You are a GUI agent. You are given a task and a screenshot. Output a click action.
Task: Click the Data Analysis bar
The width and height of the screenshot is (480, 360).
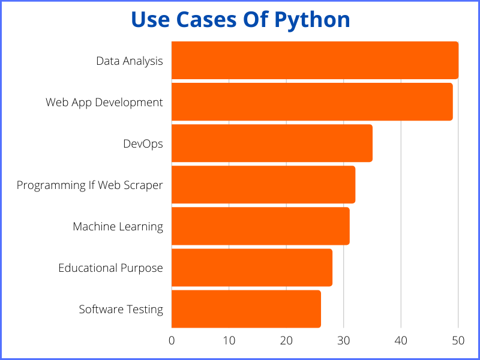pos(315,60)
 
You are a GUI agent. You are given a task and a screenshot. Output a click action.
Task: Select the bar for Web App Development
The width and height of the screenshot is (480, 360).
pos(312,102)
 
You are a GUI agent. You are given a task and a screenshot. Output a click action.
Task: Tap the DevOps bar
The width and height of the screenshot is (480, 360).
pos(272,143)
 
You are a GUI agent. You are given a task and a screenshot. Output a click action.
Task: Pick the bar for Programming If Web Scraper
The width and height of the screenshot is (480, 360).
pos(263,185)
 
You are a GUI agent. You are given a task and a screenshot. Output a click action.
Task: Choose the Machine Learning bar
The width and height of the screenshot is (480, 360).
pos(260,226)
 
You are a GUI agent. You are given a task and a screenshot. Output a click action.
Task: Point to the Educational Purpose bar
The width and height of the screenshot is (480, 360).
pos(252,268)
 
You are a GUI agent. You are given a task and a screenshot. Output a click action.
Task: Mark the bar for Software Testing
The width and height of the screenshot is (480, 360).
pos(246,309)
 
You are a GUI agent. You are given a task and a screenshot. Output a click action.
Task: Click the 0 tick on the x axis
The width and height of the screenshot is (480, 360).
pos(172,340)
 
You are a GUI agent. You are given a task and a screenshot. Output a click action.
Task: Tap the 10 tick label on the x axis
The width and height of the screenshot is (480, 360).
pos(229,340)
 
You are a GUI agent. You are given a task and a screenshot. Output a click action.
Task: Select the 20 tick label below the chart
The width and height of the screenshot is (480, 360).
pos(286,340)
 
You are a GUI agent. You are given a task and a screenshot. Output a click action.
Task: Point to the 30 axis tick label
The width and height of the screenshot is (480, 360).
pos(344,340)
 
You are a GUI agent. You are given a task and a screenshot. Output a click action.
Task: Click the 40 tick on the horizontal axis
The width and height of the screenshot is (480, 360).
pos(401,340)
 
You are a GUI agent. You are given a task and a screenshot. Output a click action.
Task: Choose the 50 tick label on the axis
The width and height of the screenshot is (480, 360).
pos(458,340)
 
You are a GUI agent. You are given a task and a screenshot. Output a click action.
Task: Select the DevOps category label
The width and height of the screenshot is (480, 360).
pos(143,144)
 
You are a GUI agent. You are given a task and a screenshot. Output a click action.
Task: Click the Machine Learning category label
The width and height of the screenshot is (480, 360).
pos(118,227)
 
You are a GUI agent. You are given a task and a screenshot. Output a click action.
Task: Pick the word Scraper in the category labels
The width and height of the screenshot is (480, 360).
pos(143,185)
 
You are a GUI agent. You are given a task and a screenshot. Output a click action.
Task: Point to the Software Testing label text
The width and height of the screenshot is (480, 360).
pos(121,310)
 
